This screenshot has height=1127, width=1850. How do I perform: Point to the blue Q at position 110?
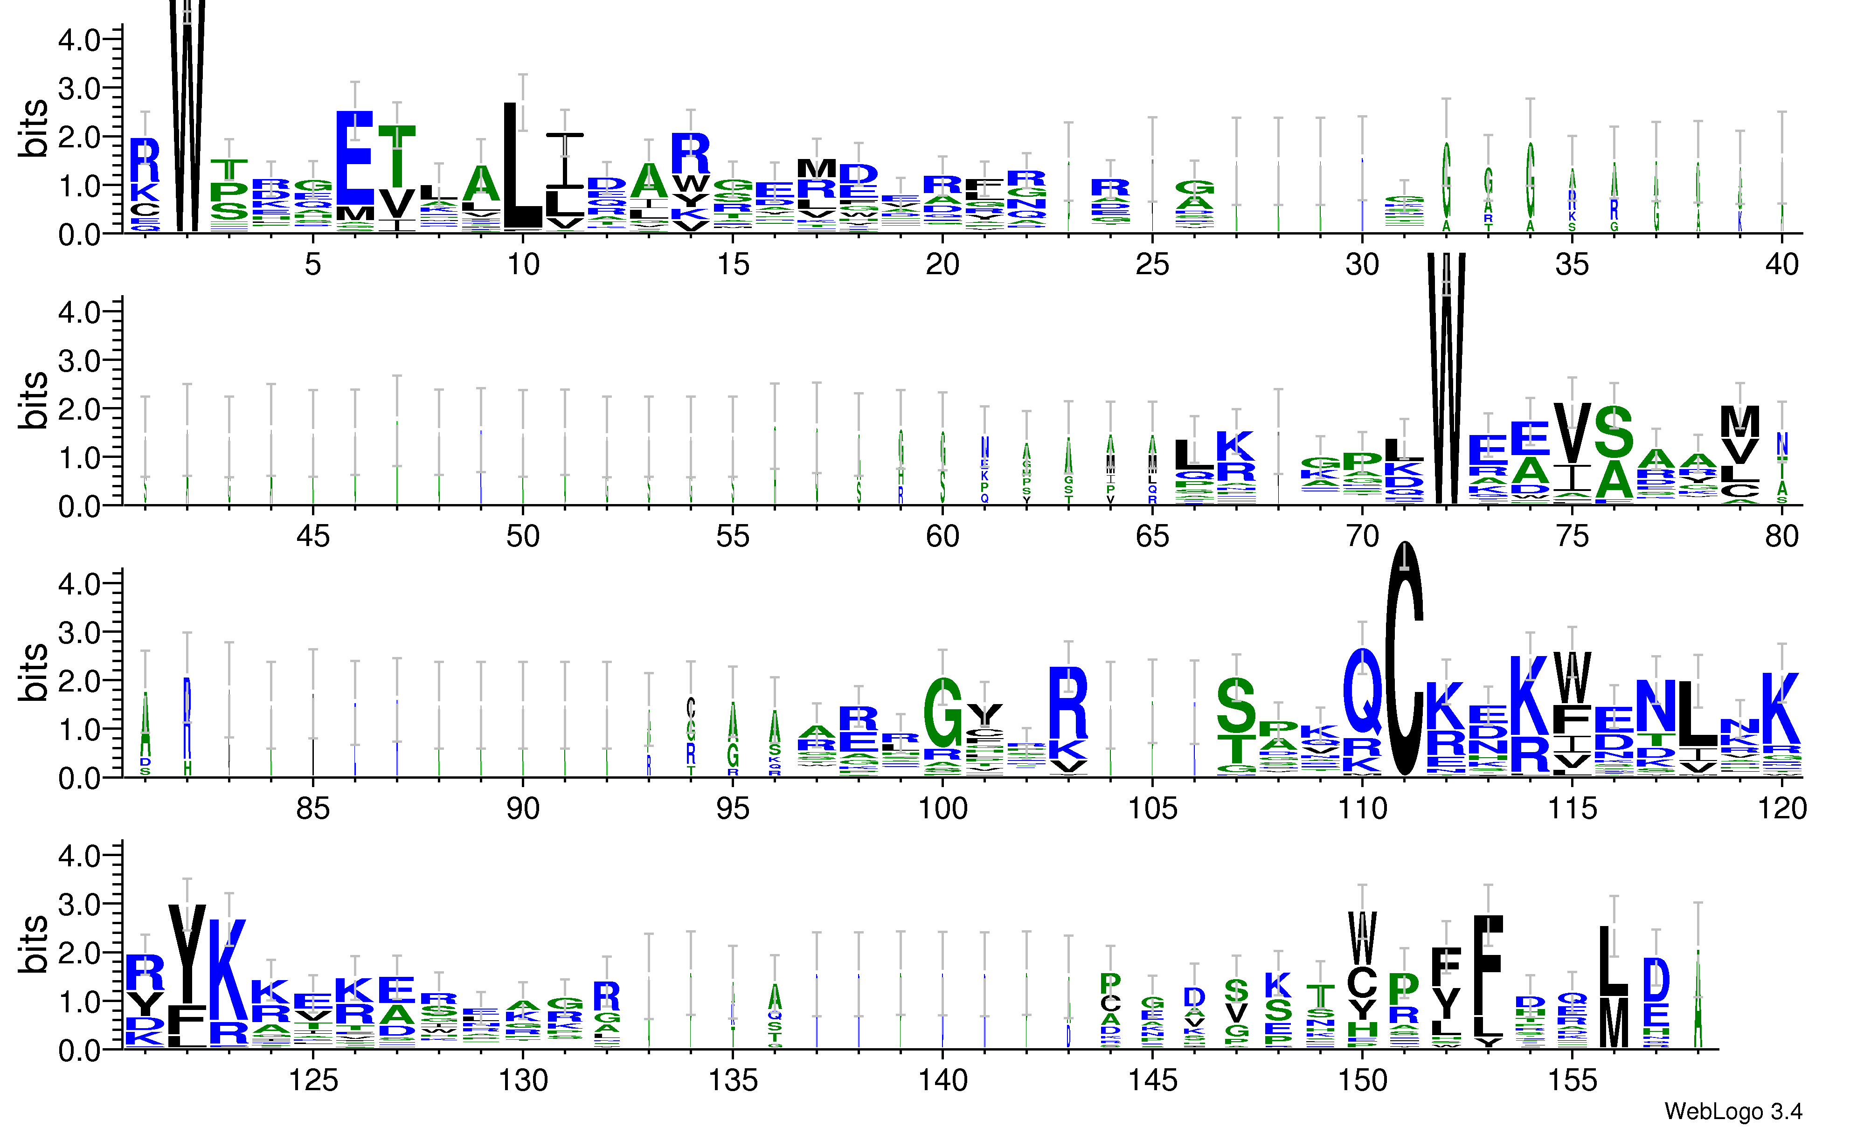coord(1362,691)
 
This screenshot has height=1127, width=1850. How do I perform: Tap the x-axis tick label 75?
coord(1572,537)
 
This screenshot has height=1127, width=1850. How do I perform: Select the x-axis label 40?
coord(1781,264)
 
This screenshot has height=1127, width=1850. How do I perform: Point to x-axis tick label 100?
coord(942,809)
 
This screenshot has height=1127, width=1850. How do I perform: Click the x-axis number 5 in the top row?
coord(313,264)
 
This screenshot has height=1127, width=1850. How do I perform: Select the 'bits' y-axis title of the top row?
coord(33,128)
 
